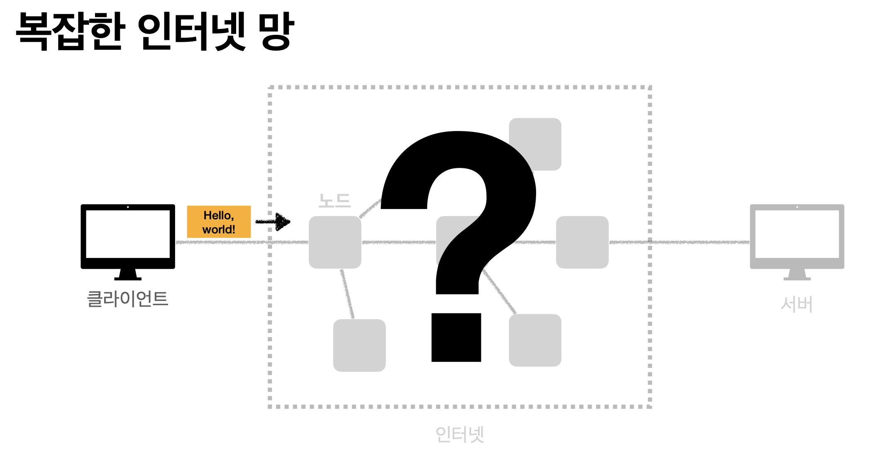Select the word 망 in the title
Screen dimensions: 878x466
(x=276, y=31)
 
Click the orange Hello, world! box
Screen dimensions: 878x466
(x=219, y=222)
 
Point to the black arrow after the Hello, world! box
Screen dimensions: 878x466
(x=274, y=222)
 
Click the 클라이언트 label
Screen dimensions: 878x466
(x=127, y=299)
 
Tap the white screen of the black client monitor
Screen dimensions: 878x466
(x=128, y=234)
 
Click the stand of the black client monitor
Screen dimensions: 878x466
(x=128, y=274)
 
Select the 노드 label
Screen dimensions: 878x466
(x=334, y=201)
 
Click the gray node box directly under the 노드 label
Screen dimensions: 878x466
(x=335, y=242)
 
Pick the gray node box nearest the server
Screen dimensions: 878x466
(x=582, y=242)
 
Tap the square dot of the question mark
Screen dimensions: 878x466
(x=456, y=337)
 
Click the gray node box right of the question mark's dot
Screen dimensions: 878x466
(x=535, y=340)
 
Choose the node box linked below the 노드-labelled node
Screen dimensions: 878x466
(x=359, y=345)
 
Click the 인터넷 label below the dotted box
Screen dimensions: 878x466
(x=460, y=434)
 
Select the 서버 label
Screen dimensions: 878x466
(x=797, y=304)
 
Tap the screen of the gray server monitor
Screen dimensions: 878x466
(x=797, y=234)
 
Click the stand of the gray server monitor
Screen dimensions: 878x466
(x=797, y=274)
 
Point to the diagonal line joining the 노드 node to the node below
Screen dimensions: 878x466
(x=347, y=294)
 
